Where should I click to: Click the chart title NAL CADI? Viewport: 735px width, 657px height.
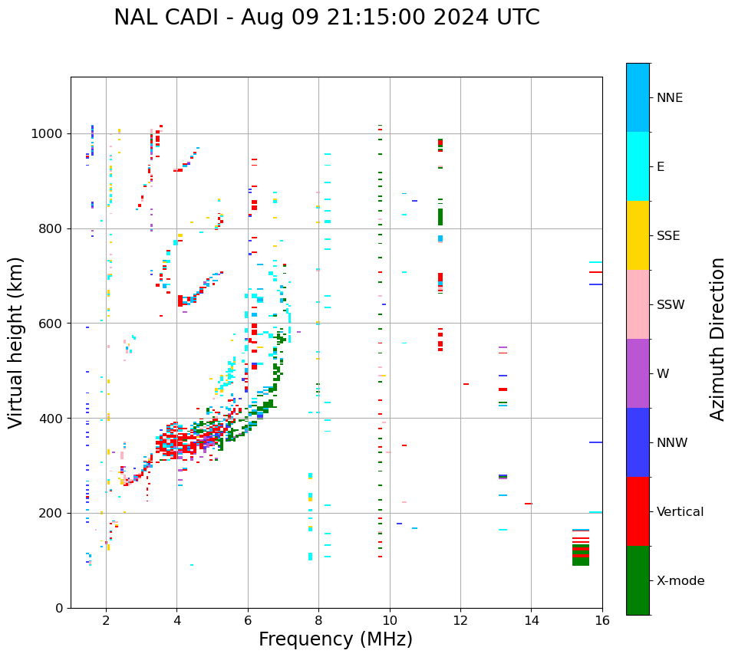pos(326,18)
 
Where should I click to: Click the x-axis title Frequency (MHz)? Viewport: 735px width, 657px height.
pos(335,639)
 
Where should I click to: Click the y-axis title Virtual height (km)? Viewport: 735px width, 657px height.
pos(16,342)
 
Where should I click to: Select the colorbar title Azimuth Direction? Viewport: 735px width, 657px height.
pos(717,339)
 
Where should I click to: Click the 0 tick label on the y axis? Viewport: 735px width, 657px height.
pos(58,608)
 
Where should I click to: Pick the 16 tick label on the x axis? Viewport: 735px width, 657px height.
pos(602,620)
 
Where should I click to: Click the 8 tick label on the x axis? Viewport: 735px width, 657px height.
pos(318,620)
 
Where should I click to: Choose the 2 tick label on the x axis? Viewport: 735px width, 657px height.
pos(106,620)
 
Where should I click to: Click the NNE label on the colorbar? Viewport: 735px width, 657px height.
pos(669,98)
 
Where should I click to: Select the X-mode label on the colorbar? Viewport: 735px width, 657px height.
pos(680,581)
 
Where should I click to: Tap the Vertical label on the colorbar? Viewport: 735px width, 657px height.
pos(680,512)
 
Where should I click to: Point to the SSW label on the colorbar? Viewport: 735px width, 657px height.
pos(671,305)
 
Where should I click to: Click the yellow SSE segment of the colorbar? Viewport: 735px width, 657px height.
pos(638,235)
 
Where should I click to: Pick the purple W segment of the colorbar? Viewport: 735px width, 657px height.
pos(638,373)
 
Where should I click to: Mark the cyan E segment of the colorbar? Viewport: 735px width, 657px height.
pos(638,166)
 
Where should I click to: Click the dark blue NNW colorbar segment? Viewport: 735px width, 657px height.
pos(638,442)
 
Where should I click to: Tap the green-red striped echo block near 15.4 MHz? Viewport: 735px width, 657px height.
pos(581,554)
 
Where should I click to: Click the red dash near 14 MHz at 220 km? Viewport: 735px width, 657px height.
pos(528,504)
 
